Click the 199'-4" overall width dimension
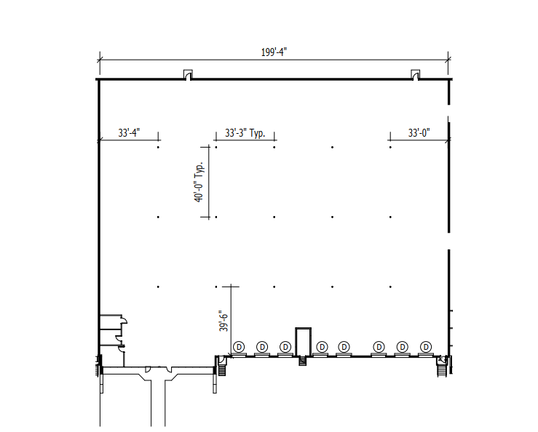pyautogui.click(x=274, y=52)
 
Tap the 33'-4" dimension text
pyautogui.click(x=129, y=132)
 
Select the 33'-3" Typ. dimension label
pyautogui.click(x=245, y=132)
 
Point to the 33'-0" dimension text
pyautogui.click(x=419, y=132)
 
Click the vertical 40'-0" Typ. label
pyautogui.click(x=199, y=181)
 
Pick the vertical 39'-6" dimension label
pyautogui.click(x=223, y=321)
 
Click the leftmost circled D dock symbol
pyautogui.click(x=239, y=347)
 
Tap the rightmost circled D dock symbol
pyautogui.click(x=426, y=347)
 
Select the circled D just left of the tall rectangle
pyautogui.click(x=285, y=347)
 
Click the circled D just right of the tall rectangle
pyautogui.click(x=322, y=347)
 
